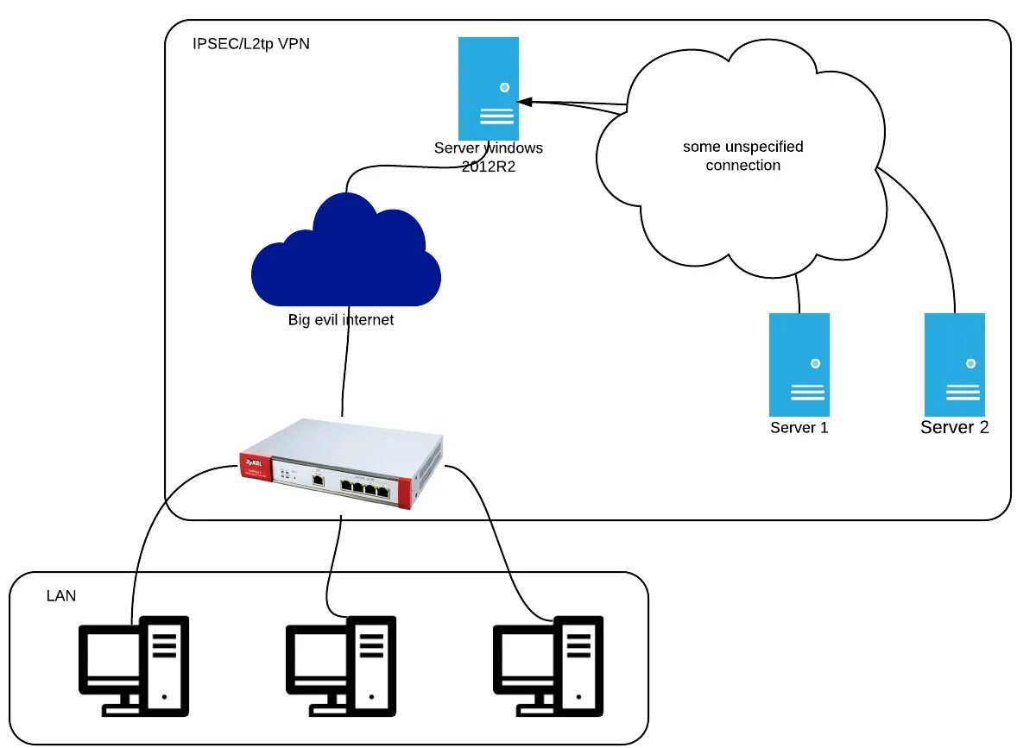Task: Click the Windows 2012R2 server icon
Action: [488, 88]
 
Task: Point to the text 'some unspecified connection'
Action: [742, 156]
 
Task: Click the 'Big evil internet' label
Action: [340, 320]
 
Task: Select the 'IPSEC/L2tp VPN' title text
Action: [250, 44]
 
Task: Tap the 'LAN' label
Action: [60, 596]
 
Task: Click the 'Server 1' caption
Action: [799, 428]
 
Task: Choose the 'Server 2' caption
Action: [955, 428]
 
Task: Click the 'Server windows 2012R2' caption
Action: [488, 156]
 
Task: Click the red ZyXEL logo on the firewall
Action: [255, 463]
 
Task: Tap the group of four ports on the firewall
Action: [363, 485]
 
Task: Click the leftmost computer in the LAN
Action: [134, 664]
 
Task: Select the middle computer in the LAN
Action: [341, 664]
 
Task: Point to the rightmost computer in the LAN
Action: [547, 664]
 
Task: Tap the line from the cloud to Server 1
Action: [799, 293]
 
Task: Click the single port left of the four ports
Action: [318, 478]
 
